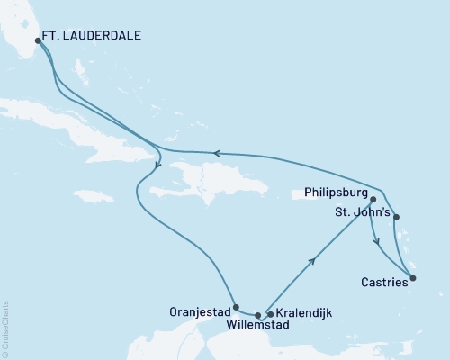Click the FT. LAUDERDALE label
(94, 40)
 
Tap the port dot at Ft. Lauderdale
(37, 40)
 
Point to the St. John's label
(360, 214)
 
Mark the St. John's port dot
(397, 216)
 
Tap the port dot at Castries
(412, 278)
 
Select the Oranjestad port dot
(235, 306)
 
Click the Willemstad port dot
(258, 315)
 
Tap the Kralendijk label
(302, 312)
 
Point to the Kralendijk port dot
(270, 314)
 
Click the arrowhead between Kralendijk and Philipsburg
(313, 261)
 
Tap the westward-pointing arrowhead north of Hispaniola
(216, 153)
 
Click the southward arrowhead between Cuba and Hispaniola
(157, 164)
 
